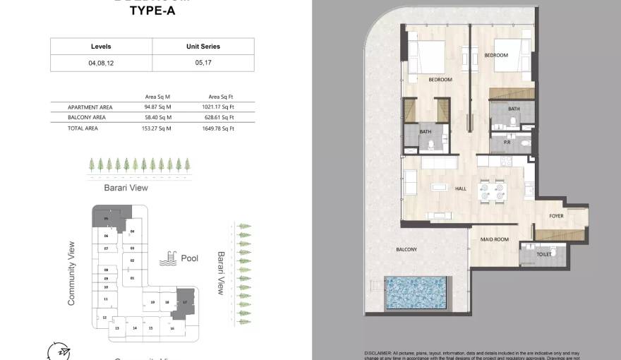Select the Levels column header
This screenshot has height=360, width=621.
point(101,47)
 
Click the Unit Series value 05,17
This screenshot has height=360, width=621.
point(203,63)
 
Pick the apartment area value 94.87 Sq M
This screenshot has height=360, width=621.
point(158,107)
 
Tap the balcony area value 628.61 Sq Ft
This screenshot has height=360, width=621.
point(221,117)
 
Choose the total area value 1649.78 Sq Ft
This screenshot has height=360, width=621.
point(221,128)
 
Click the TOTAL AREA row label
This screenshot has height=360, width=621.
point(83,128)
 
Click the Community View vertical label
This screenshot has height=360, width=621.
point(71,273)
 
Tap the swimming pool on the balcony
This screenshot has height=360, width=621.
point(416,292)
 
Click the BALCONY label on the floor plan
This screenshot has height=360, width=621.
point(406,249)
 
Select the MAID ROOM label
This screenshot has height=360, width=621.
point(495,239)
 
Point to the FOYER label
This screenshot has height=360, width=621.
point(556,216)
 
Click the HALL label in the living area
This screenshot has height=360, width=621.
point(460,188)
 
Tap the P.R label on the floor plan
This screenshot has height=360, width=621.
point(507,143)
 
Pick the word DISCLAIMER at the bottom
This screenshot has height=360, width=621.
point(381,352)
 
